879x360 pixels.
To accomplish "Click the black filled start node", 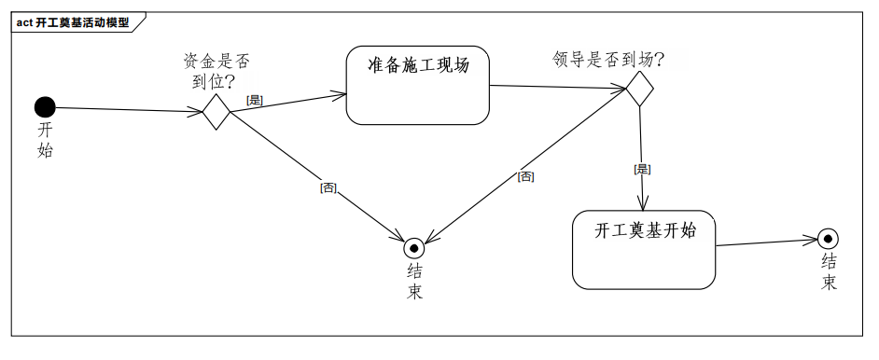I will click(45, 107).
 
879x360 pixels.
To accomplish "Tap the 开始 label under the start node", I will click(45, 139).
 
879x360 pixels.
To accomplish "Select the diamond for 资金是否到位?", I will click(216, 113).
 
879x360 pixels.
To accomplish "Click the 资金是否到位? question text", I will click(216, 71).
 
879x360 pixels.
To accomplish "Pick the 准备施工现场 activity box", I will click(417, 85).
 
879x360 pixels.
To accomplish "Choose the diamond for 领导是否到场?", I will click(638, 90).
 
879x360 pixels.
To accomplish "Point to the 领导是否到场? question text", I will click(607, 61).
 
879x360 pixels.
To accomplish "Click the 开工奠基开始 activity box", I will click(644, 250).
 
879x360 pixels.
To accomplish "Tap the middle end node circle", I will click(414, 248).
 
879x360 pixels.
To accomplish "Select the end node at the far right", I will click(827, 239).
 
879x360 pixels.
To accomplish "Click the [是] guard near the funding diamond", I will click(254, 99).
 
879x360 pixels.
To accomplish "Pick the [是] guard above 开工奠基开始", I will click(641, 169).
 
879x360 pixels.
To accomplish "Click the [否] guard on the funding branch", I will click(328, 187).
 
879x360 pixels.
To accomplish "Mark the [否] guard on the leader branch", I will click(526, 176).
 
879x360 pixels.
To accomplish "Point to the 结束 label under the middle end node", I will click(414, 281).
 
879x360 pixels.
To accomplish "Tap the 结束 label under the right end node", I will click(829, 270).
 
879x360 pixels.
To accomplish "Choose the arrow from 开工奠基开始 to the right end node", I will click(765, 242).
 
